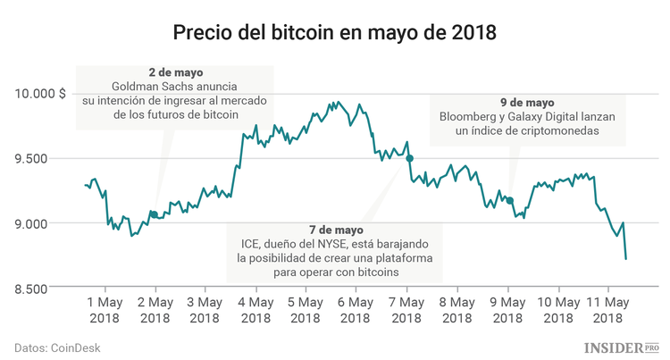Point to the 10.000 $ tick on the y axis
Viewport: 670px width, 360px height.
(x=39, y=93)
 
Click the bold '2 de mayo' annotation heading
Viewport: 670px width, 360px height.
(x=176, y=71)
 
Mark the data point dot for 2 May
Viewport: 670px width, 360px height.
(x=155, y=214)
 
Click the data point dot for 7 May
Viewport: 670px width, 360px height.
(x=409, y=158)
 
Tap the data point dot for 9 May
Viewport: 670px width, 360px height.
(x=510, y=200)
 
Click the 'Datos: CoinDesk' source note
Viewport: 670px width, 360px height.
(x=55, y=347)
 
